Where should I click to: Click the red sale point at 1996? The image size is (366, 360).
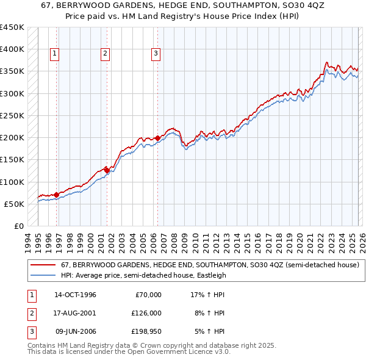point(57,195)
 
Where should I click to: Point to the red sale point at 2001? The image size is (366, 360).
point(107,170)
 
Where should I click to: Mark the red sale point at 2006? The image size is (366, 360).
point(157,139)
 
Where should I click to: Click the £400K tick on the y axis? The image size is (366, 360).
point(12,49)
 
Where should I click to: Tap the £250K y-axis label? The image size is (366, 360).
point(12,115)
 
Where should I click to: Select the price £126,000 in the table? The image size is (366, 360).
point(146,313)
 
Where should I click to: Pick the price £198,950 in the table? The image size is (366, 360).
point(146,331)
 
